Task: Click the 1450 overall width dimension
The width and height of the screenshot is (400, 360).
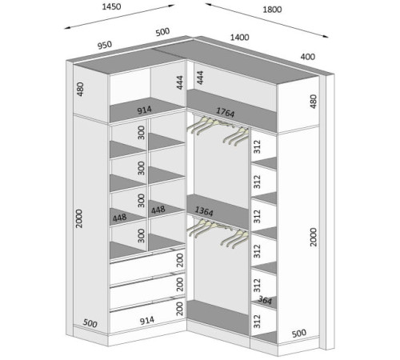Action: [x=111, y=6]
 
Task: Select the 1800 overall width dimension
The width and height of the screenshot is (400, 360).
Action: [x=272, y=10]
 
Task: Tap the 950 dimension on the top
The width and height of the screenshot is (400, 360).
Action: [x=105, y=45]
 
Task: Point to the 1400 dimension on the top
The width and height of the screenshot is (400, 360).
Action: [x=240, y=38]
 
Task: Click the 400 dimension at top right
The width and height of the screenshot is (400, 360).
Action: [x=308, y=57]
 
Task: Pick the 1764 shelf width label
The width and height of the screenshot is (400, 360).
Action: [x=226, y=112]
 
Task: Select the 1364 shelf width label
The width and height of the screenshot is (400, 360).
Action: [x=204, y=211]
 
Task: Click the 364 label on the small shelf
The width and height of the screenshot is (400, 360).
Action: [x=265, y=300]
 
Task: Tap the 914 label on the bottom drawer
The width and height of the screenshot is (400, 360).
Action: [x=147, y=320]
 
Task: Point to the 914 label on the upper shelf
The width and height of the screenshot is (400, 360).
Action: [x=144, y=110]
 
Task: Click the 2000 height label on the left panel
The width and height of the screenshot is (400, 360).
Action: [x=79, y=218]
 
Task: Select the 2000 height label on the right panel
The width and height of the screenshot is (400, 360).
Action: [x=314, y=237]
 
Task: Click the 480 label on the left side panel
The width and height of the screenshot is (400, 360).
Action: [x=80, y=89]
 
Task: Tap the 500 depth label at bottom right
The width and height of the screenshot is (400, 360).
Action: [x=298, y=334]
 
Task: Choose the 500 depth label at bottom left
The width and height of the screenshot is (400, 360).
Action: [x=90, y=323]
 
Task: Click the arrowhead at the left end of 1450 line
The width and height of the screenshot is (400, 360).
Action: [x=67, y=28]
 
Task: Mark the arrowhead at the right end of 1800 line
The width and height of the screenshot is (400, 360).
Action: [x=326, y=37]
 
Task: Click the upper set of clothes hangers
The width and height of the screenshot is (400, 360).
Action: [x=218, y=130]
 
